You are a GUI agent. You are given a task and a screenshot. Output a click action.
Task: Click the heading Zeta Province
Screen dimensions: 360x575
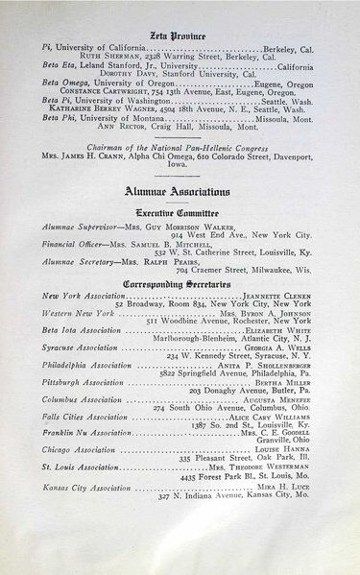[180, 36]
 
